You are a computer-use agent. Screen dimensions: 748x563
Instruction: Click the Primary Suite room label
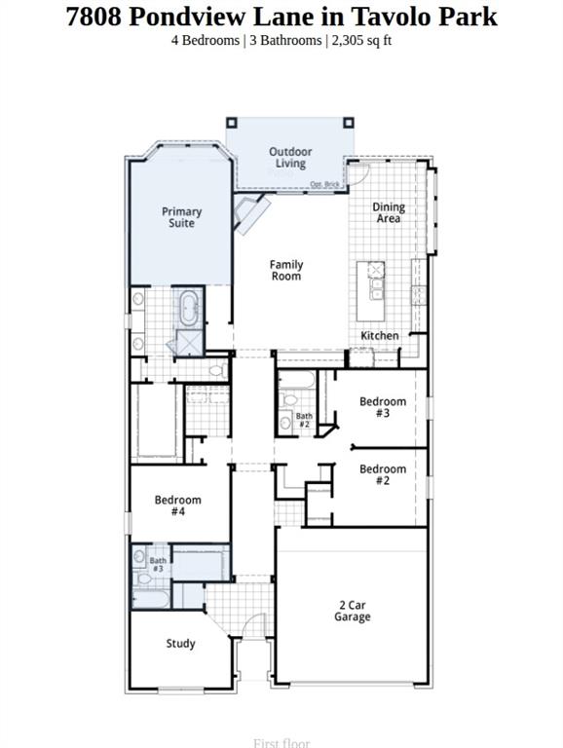click(x=181, y=217)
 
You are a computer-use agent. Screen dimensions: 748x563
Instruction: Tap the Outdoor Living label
click(x=290, y=158)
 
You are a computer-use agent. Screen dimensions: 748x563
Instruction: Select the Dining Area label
click(x=389, y=213)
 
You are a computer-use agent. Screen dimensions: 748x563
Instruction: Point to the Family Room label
click(x=286, y=271)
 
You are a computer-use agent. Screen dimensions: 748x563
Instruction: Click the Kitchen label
click(x=380, y=335)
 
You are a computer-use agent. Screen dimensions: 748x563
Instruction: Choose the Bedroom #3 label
click(x=383, y=407)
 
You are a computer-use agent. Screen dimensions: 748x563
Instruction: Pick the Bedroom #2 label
click(x=383, y=475)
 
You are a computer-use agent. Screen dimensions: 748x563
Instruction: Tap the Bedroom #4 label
click(x=178, y=505)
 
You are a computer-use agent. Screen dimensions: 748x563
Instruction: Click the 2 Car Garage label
click(x=352, y=611)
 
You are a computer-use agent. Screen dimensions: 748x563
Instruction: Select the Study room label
click(x=180, y=644)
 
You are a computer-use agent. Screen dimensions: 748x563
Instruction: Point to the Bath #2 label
click(x=304, y=421)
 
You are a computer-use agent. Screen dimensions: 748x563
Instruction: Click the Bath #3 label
click(x=157, y=564)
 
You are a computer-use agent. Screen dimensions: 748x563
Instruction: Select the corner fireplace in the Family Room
click(x=251, y=214)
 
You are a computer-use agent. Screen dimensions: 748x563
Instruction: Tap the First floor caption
click(x=281, y=743)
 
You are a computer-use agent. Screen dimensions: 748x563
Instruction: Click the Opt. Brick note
click(x=323, y=184)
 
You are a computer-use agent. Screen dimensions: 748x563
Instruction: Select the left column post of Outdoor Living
click(x=232, y=123)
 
